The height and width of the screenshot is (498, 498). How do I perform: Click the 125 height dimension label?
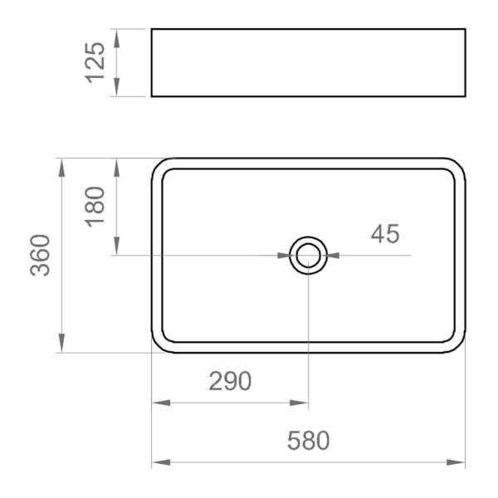[x=96, y=62]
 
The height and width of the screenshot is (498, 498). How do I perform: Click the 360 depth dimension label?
[x=41, y=256]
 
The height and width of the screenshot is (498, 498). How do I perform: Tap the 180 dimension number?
[x=96, y=206]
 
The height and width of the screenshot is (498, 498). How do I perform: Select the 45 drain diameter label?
[x=385, y=235]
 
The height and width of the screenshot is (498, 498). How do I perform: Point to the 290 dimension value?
[x=229, y=382]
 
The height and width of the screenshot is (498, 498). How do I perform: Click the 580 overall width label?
[x=308, y=441]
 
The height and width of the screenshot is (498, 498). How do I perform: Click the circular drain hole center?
[x=308, y=255]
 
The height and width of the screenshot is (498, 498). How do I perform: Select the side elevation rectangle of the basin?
[x=308, y=62]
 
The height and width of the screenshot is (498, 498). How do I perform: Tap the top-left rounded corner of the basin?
[x=159, y=165]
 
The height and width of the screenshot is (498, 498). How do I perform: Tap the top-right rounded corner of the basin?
[x=457, y=165]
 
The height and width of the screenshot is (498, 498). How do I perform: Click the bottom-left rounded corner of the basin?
[x=159, y=345]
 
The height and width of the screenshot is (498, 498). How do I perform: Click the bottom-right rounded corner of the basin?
[x=457, y=345]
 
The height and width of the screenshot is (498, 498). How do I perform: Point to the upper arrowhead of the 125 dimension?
[x=117, y=38]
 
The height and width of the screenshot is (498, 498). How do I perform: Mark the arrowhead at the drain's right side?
[x=334, y=255]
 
